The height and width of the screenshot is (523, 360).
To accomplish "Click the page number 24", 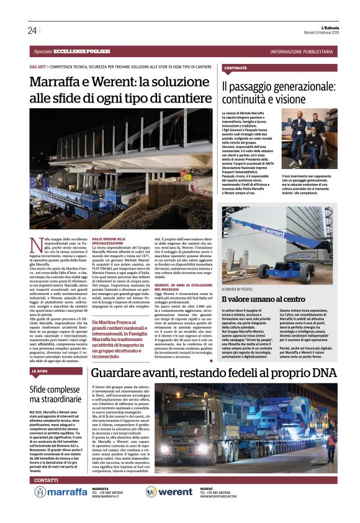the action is pyautogui.click(x=32, y=30).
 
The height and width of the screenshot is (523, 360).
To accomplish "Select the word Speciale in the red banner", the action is pyautogui.click(x=43, y=51).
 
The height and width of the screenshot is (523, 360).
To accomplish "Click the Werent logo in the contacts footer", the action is pyautogui.click(x=169, y=492).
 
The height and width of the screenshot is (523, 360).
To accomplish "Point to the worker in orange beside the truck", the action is pyautogui.click(x=330, y=442).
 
